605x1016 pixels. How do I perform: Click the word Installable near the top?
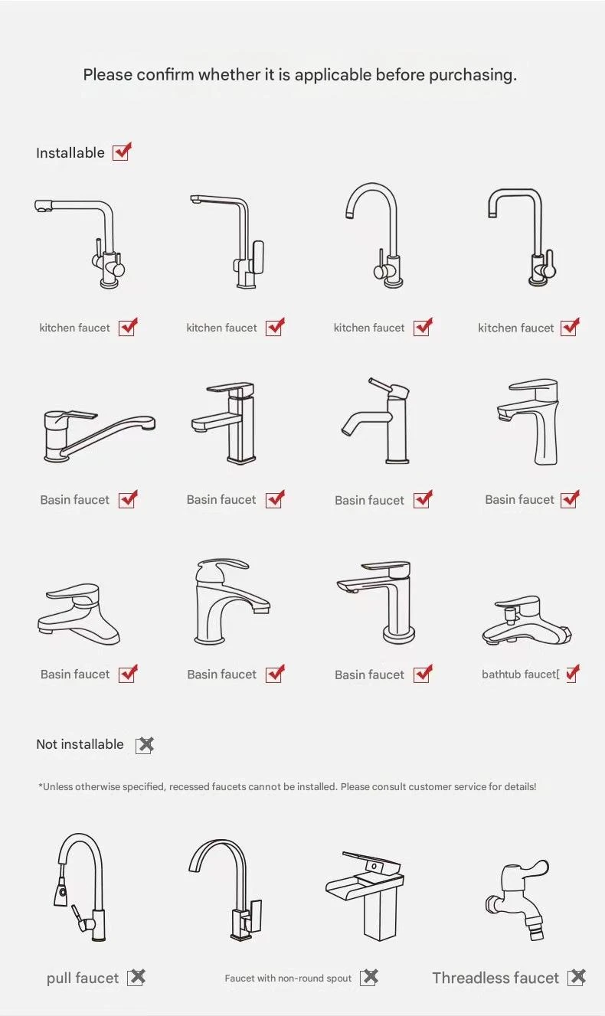click(70, 153)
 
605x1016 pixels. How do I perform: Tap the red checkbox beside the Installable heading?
click(122, 152)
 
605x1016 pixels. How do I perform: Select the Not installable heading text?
click(80, 744)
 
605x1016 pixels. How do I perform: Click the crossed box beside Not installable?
click(146, 745)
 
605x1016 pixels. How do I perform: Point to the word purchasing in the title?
click(473, 75)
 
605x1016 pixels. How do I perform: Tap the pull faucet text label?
click(83, 978)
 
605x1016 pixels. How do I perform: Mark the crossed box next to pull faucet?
click(136, 978)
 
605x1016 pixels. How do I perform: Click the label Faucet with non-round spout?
click(288, 978)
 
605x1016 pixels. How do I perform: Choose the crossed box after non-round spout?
click(369, 978)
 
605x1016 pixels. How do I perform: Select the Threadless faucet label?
click(495, 978)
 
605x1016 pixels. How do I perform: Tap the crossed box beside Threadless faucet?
click(577, 977)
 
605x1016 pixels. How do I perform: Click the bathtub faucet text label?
click(521, 675)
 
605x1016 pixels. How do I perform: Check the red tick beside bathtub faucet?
click(573, 673)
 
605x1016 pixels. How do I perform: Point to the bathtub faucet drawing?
click(527, 620)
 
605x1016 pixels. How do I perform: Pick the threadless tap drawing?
click(518, 900)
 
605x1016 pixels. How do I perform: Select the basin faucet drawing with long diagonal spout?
click(100, 436)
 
